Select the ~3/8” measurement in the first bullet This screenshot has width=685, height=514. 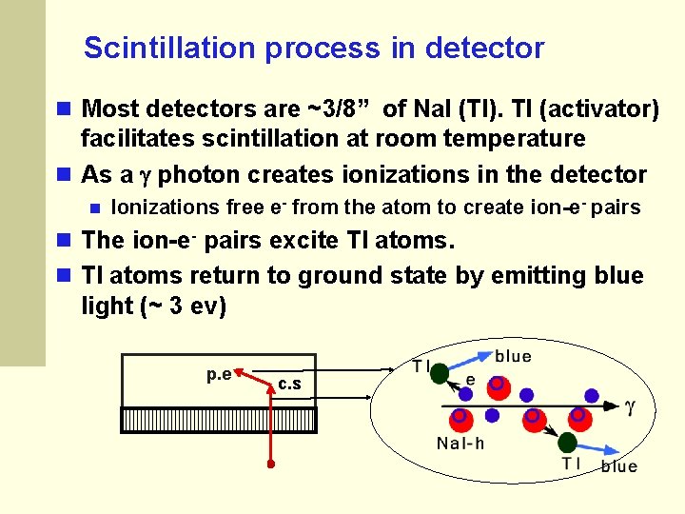[x=339, y=109]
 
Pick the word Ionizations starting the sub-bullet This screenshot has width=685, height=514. [x=166, y=208]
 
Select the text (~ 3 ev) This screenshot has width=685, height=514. [x=181, y=306]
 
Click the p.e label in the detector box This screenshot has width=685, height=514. [x=219, y=374]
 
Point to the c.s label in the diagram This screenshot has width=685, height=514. [x=289, y=384]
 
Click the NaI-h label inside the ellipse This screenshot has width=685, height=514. [x=461, y=443]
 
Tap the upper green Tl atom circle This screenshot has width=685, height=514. [x=439, y=373]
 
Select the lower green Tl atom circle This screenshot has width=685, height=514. [x=567, y=442]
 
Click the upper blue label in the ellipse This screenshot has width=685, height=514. [x=514, y=357]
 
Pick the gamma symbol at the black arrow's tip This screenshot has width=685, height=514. [x=629, y=406]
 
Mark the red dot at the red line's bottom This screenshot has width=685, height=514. [x=270, y=465]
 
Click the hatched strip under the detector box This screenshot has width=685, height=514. [x=219, y=420]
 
